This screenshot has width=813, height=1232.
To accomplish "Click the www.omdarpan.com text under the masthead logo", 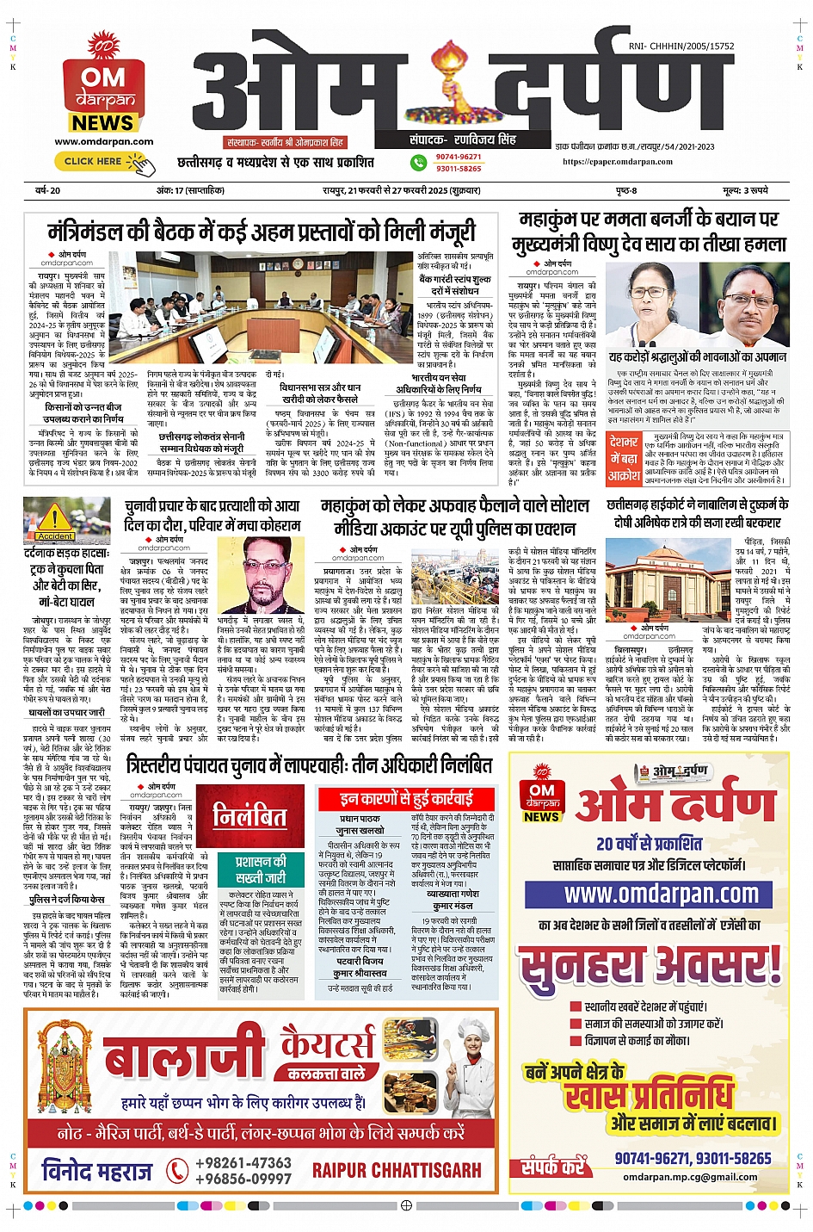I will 104,142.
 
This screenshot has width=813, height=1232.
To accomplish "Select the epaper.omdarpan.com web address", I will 618,161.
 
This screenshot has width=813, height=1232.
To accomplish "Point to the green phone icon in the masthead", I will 419,162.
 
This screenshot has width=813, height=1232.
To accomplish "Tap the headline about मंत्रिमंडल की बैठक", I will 262,232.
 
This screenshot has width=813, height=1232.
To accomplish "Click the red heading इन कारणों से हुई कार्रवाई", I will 406,798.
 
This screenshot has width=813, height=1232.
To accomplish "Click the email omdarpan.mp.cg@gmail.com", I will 690,1177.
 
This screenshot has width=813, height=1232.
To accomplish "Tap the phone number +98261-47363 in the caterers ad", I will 243,1162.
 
